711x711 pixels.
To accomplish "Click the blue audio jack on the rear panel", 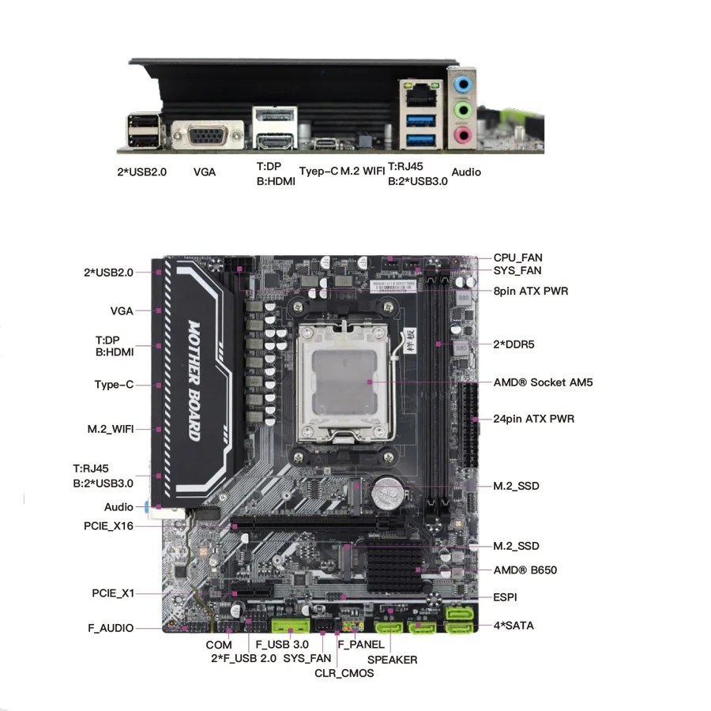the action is (x=463, y=84).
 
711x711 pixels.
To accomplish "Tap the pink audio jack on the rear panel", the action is (x=463, y=134).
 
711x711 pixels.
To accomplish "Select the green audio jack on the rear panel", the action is (x=463, y=109).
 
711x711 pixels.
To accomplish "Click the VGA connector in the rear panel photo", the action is (x=208, y=134).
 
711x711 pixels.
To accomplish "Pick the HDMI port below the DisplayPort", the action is (x=275, y=141).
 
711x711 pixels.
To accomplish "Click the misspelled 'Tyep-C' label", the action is (x=318, y=171).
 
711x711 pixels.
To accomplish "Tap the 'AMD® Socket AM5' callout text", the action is (x=543, y=382).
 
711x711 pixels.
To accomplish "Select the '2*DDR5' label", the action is (x=513, y=344).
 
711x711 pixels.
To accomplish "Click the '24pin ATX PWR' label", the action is (x=534, y=419).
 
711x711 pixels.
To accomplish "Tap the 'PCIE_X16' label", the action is (x=108, y=526).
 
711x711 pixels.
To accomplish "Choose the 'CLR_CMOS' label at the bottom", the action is (x=344, y=673).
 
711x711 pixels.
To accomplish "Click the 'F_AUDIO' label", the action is (x=111, y=628).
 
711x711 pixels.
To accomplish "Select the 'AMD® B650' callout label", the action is (x=525, y=570).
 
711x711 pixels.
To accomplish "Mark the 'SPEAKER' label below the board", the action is (x=392, y=660).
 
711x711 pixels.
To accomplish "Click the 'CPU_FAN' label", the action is (x=517, y=258).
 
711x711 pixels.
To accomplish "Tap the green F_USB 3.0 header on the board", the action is (x=290, y=625).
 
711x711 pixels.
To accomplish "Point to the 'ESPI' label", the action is (x=505, y=597).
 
